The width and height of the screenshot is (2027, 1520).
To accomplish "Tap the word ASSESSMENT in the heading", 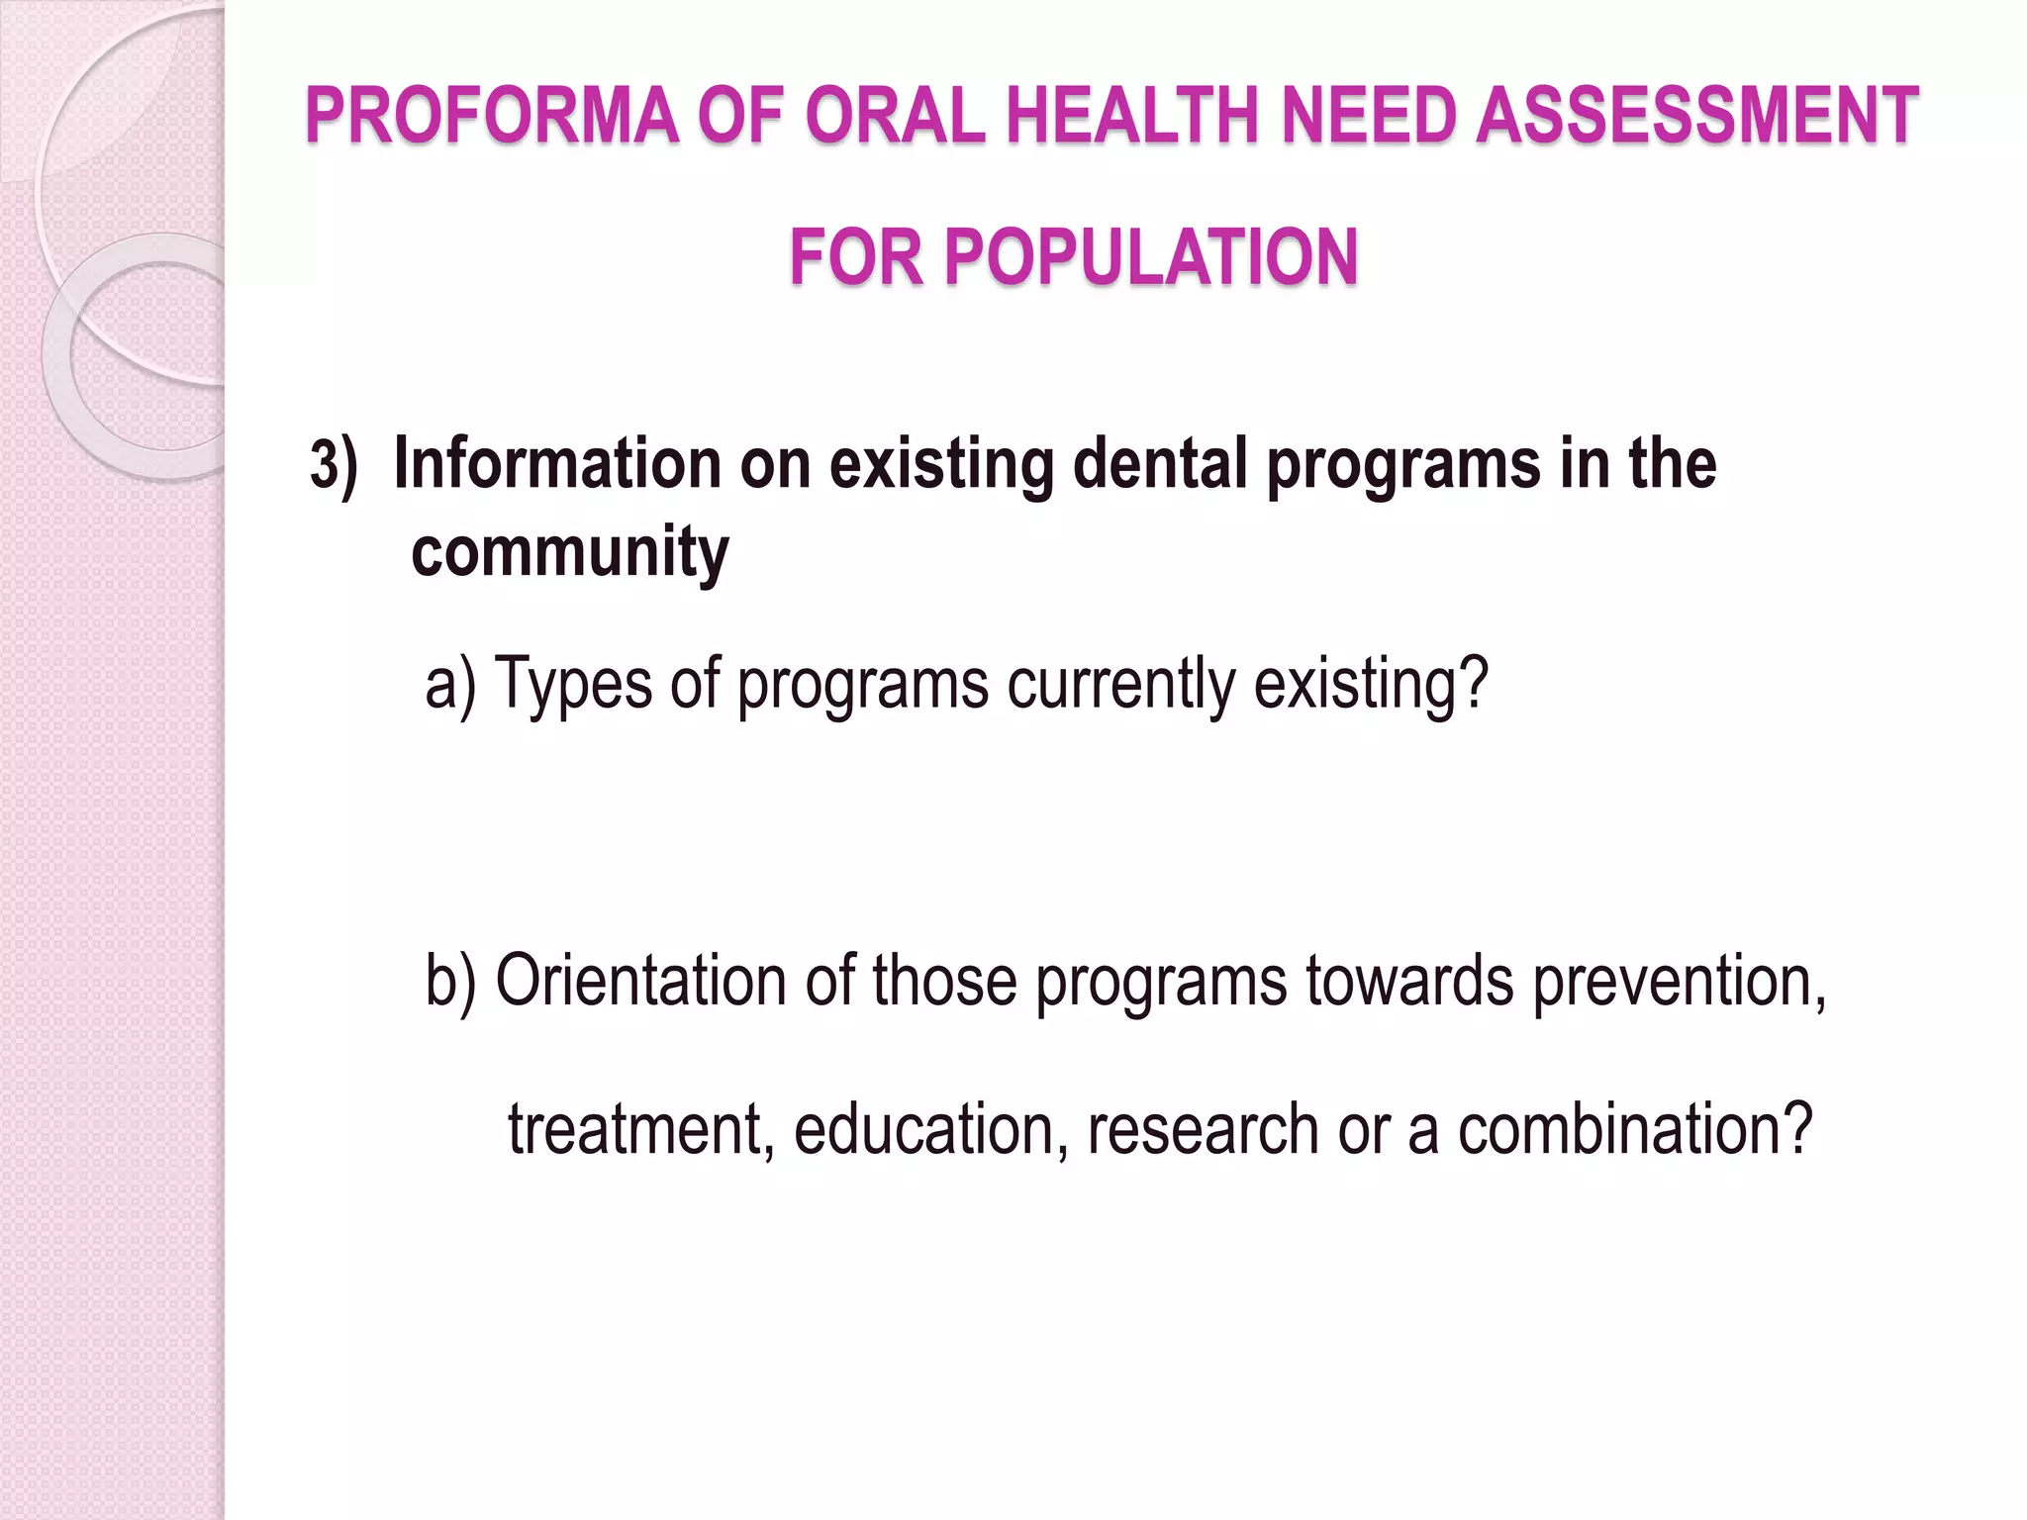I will tap(1696, 116).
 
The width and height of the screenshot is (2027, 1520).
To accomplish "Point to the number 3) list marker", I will tap(333, 464).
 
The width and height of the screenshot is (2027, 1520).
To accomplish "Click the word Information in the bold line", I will tap(557, 464).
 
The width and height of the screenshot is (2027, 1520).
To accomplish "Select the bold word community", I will tap(569, 552).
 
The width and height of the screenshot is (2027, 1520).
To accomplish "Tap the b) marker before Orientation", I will tap(450, 981).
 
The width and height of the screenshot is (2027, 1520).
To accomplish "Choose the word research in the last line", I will tap(1203, 1130).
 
